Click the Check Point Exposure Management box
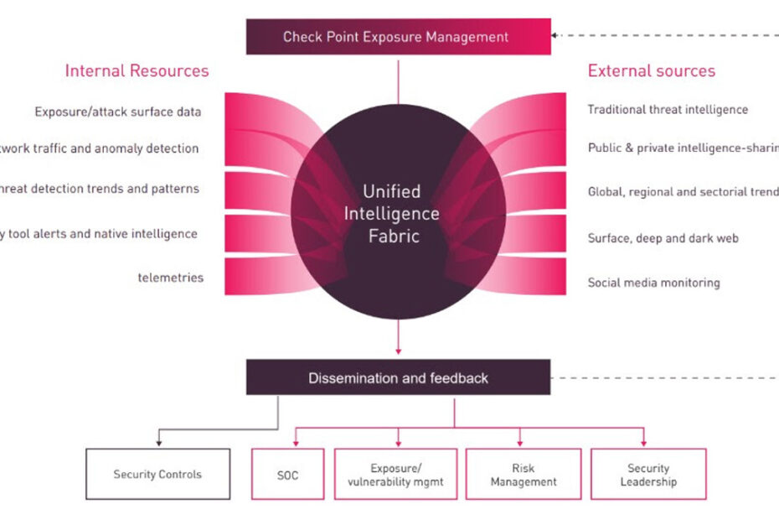pos(398,37)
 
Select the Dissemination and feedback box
pos(398,378)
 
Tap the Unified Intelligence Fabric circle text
pos(392,214)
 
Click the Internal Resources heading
pos(137,70)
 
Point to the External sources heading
pos(651,70)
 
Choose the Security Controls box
pos(157,475)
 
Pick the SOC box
pos(287,475)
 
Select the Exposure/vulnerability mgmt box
pos(395,475)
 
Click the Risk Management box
pos(524,475)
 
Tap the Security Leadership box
pos(648,475)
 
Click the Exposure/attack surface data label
pos(117,112)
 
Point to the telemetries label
pos(171,278)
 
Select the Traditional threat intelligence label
pos(668,109)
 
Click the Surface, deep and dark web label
pos(663,238)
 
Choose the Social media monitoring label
pos(653,283)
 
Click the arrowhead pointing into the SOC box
pos(297,442)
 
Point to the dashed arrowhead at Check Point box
pos(557,36)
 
